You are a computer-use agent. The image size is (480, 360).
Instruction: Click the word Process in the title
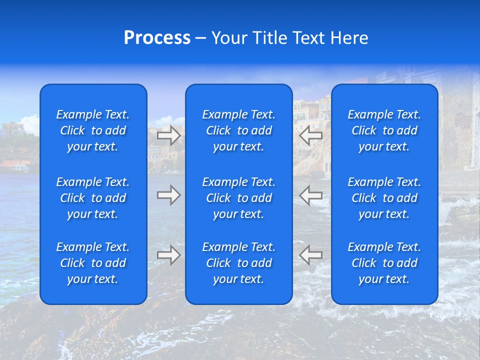[157, 38]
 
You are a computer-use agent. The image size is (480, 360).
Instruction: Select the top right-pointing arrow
[168, 136]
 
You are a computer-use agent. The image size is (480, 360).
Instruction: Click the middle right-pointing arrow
[168, 195]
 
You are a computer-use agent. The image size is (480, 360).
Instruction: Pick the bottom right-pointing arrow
[168, 255]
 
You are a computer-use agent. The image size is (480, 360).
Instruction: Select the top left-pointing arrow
[311, 136]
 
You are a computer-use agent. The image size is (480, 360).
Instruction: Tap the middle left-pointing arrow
[311, 195]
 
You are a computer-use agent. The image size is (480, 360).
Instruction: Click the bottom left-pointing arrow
[311, 255]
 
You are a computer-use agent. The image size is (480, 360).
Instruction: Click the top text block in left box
[93, 130]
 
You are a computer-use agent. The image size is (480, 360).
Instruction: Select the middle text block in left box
[93, 198]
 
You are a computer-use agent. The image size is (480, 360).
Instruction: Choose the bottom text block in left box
[93, 263]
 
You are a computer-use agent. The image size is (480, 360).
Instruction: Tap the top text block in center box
[239, 130]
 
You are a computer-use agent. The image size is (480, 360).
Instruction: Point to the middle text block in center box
[239, 198]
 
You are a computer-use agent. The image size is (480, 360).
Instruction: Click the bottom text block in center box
[239, 263]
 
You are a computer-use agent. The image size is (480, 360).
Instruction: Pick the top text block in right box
[384, 130]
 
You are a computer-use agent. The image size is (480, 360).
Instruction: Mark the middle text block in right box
[384, 198]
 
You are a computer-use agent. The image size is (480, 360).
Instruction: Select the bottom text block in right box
[384, 263]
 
